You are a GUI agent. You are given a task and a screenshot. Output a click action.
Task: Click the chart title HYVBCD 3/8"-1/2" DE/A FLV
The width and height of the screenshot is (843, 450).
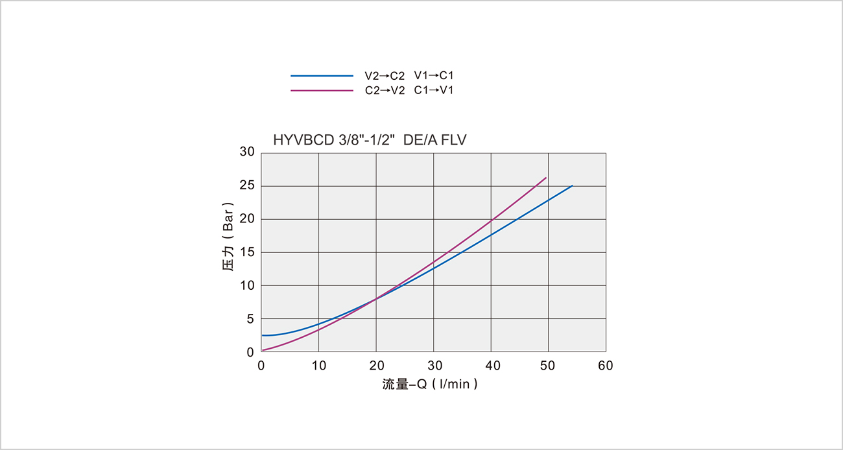click(370, 139)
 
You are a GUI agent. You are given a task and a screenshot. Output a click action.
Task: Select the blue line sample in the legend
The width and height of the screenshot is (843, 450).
click(321, 76)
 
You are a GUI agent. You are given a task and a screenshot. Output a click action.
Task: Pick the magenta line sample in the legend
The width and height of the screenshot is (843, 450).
click(321, 91)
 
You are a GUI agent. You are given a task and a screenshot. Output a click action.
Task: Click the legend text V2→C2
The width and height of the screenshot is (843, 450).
click(385, 76)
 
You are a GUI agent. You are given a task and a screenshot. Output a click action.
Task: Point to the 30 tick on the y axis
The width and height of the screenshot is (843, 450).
click(247, 152)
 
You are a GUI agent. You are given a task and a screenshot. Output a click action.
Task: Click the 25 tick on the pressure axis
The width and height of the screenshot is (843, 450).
click(247, 186)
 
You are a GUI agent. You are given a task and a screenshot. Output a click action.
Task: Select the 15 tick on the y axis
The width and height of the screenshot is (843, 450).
click(247, 252)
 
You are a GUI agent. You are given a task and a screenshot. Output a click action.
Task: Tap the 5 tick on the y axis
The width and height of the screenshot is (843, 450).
click(250, 319)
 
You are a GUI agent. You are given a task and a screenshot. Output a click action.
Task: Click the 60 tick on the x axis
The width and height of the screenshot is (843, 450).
click(606, 366)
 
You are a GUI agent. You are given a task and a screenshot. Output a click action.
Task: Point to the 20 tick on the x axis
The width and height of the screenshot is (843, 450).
click(376, 366)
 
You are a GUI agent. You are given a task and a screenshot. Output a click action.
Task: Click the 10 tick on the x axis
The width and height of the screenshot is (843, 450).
click(318, 366)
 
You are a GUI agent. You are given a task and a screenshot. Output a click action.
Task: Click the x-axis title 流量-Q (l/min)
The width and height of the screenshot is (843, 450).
click(430, 385)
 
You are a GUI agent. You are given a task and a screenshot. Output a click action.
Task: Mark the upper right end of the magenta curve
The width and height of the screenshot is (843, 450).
click(546, 178)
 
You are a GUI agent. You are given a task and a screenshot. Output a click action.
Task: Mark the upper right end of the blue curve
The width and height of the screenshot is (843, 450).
click(572, 186)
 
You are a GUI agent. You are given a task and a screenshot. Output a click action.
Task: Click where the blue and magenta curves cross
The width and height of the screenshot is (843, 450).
click(376, 298)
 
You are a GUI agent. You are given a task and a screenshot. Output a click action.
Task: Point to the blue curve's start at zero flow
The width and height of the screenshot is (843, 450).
click(262, 335)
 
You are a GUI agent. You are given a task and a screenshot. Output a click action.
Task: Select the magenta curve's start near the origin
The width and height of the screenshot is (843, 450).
click(262, 350)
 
